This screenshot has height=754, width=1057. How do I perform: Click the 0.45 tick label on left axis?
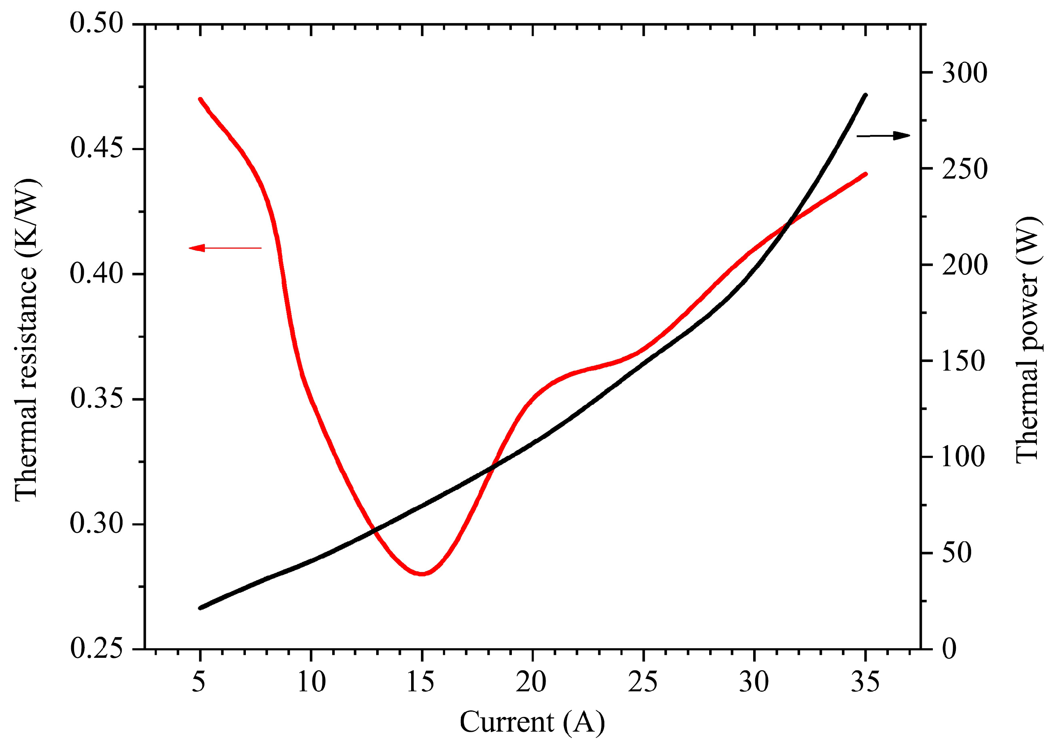coord(97,148)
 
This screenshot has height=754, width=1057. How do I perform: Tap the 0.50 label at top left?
coord(97,23)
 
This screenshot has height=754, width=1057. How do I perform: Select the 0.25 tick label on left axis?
coord(97,648)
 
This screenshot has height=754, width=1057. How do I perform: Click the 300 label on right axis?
coord(964,73)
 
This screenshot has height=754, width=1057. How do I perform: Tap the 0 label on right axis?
coord(949,649)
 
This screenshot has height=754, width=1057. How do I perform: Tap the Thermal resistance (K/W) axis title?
coord(27,339)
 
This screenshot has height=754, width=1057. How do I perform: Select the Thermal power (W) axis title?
coord(1027,339)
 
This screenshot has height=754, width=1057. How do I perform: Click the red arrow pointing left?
coord(225,248)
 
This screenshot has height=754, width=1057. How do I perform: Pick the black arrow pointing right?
coord(883,136)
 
